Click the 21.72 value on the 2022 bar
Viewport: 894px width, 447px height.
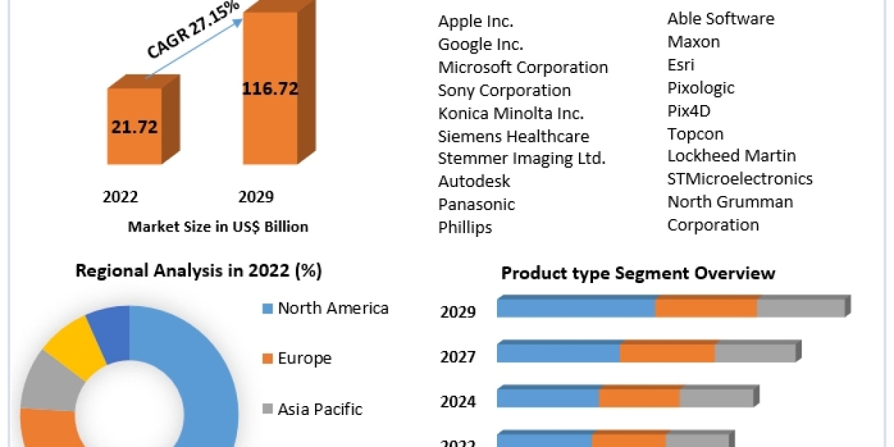pos(134,127)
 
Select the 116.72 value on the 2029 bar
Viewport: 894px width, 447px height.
pos(270,89)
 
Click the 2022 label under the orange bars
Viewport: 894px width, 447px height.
pos(120,197)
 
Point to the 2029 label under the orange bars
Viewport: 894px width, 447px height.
pos(256,197)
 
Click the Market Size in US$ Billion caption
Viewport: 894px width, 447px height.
pos(218,226)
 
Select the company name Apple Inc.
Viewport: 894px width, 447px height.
pos(475,22)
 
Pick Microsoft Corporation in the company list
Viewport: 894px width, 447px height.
pos(523,67)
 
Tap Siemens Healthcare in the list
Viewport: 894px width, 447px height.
pos(513,136)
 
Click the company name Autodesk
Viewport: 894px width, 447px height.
pos(474,181)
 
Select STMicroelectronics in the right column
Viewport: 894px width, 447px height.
pos(740,179)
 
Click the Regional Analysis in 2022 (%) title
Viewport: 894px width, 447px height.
pos(198,271)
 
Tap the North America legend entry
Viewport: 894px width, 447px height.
pos(332,308)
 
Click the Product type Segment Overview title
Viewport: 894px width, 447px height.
pos(638,273)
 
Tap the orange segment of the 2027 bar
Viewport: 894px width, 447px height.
pos(668,352)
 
